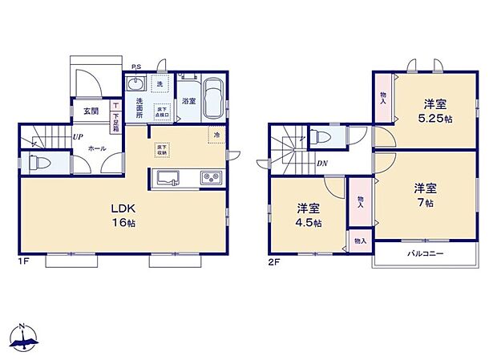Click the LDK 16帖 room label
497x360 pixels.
123,216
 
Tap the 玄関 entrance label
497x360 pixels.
90,111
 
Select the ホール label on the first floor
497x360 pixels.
95,149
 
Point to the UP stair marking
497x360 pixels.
77,137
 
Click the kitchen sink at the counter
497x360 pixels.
169,178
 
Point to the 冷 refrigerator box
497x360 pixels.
216,135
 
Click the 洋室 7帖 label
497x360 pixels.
426,196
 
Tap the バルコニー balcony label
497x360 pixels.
425,254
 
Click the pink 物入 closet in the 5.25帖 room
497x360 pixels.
382,98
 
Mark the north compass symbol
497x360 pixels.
24,338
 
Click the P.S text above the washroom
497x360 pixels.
137,68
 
